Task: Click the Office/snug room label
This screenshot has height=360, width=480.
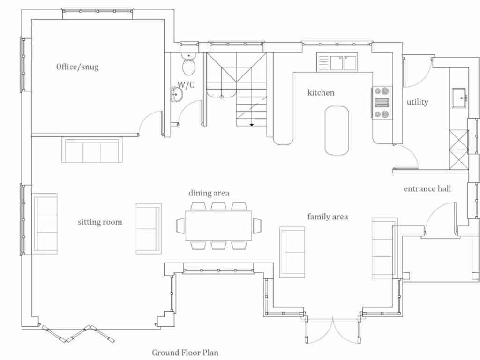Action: [77, 67]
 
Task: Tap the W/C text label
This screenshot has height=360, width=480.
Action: [186, 85]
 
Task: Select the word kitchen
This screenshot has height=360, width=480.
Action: [321, 93]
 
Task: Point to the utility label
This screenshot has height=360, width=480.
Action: [417, 102]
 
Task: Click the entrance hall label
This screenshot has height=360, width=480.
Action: [427, 188]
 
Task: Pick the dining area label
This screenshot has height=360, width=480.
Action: [209, 193]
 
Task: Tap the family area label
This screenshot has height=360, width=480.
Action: [327, 217]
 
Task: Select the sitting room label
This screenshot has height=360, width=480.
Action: [100, 222]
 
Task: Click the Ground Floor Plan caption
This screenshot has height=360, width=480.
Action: [185, 352]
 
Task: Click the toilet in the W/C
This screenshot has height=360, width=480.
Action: [189, 65]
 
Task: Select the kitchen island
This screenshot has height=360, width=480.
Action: [337, 130]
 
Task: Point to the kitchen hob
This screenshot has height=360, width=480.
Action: [382, 102]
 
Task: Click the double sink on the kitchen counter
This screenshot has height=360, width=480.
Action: [344, 62]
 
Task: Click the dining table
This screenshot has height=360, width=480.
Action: [219, 225]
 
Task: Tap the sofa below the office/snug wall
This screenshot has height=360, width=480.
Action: [92, 150]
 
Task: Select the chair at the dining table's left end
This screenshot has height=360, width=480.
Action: [180, 225]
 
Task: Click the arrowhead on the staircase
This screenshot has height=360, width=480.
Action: [252, 125]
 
